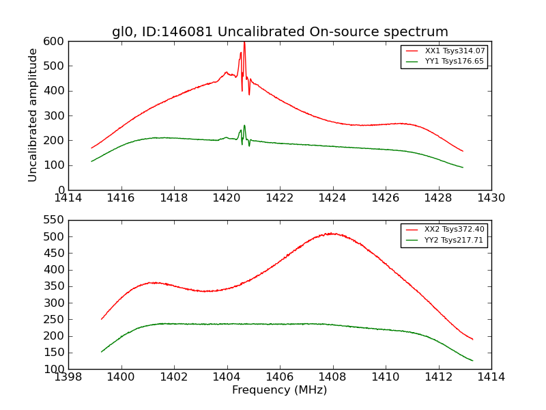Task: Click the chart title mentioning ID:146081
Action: [x=280, y=32]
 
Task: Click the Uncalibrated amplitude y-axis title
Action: [x=33, y=115]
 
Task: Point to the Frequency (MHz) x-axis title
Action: [x=280, y=390]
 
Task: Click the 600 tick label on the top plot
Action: [x=55, y=41]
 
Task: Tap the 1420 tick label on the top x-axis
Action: [x=227, y=198]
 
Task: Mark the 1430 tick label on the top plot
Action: [x=491, y=198]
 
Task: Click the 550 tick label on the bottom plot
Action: [x=55, y=220]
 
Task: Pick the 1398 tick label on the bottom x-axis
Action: [x=68, y=377]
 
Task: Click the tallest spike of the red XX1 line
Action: [x=244, y=43]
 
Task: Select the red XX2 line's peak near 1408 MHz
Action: [x=331, y=233]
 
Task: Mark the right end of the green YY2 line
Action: [x=473, y=361]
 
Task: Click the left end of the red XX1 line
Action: [x=91, y=148]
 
